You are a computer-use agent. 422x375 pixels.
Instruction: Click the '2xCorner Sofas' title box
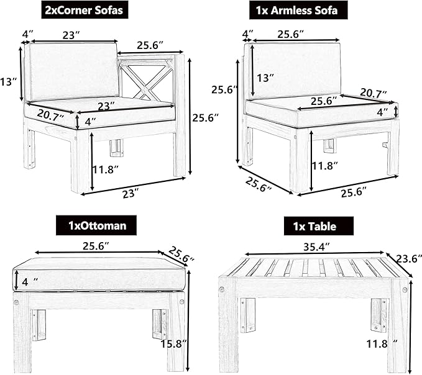(x=85, y=10)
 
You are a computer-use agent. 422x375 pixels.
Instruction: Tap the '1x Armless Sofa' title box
(x=298, y=10)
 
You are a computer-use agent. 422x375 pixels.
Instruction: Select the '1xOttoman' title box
(x=96, y=225)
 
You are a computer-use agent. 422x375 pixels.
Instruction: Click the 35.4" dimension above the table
(x=317, y=246)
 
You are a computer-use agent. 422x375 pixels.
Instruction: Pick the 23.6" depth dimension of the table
(x=408, y=259)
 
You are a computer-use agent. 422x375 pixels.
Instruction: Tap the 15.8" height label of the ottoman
(x=174, y=343)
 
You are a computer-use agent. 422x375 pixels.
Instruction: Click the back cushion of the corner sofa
(x=74, y=71)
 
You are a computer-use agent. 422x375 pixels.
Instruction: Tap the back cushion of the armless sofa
(x=296, y=70)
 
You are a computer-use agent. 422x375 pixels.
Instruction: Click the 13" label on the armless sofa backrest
(x=265, y=78)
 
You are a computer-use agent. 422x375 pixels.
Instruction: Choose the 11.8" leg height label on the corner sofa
(x=106, y=169)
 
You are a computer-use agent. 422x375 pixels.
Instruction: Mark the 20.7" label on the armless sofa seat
(x=374, y=93)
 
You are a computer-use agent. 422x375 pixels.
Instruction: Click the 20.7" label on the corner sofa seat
(x=50, y=114)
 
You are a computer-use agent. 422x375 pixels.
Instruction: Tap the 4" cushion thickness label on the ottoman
(x=30, y=282)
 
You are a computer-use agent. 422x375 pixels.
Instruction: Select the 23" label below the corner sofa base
(x=131, y=194)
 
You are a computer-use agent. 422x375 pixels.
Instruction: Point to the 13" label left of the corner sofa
(x=8, y=81)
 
